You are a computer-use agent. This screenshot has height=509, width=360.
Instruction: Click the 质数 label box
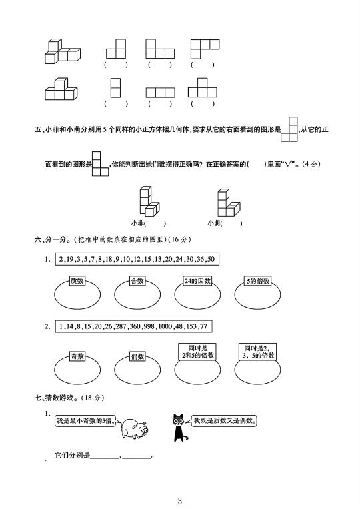[x=77, y=281]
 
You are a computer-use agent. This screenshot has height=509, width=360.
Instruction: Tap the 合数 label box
[x=137, y=281]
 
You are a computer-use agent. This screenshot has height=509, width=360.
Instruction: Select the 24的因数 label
[x=197, y=281]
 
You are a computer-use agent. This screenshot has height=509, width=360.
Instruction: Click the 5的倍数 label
[x=257, y=281]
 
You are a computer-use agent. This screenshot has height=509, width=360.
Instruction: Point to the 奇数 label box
[x=77, y=356]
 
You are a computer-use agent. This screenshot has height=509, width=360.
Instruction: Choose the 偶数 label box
[x=137, y=356]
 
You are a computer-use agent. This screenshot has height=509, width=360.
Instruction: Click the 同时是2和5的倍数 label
[x=197, y=352]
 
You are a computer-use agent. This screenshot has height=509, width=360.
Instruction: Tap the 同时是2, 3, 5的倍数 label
[x=258, y=352]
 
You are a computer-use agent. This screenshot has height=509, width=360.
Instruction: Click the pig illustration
[x=134, y=428]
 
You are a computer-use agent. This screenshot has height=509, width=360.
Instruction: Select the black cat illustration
[x=179, y=428]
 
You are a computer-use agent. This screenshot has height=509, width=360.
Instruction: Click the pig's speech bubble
[x=85, y=421]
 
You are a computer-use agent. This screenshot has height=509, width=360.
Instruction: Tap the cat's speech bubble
[x=224, y=421]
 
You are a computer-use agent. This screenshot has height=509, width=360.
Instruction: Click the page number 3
[x=180, y=500]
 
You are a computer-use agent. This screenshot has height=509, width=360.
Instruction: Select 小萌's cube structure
[x=229, y=203]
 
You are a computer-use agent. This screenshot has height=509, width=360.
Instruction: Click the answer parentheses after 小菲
[x=155, y=223]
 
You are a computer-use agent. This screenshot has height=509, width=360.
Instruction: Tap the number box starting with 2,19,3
[x=137, y=259]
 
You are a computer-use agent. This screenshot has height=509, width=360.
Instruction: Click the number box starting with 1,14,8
[x=133, y=326]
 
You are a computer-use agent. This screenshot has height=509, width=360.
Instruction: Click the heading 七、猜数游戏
[x=55, y=398]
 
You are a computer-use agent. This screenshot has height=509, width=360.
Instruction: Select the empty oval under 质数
[x=77, y=294]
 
